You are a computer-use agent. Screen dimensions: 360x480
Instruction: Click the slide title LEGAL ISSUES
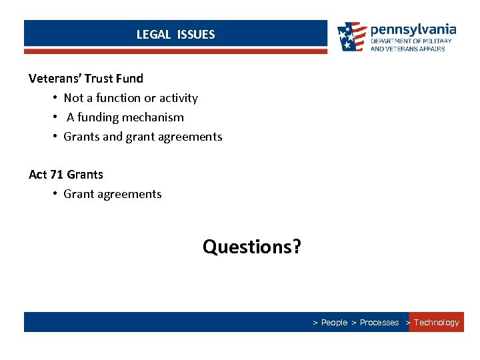(175, 35)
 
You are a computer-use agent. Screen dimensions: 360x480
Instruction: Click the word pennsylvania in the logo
(413, 30)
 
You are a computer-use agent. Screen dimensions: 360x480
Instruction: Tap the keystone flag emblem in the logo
(351, 37)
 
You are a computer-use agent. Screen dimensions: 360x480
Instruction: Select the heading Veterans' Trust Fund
(86, 79)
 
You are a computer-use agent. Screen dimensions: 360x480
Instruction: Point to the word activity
(178, 98)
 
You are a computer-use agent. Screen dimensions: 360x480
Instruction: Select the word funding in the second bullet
(101, 117)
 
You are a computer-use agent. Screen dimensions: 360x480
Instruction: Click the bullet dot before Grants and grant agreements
(55, 137)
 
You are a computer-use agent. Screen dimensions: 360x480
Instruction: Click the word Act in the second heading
(38, 175)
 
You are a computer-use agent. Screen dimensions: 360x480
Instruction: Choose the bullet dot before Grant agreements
(55, 194)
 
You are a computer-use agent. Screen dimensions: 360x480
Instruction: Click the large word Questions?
(252, 247)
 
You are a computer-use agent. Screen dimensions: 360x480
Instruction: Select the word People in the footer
(335, 323)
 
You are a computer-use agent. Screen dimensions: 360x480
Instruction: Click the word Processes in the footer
(379, 323)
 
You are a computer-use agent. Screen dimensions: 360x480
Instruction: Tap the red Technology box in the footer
(436, 323)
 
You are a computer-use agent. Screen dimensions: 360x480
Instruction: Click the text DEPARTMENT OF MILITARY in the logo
(411, 41)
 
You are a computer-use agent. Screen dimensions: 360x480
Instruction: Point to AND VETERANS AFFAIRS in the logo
(407, 49)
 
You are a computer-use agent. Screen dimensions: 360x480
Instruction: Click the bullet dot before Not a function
(55, 98)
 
